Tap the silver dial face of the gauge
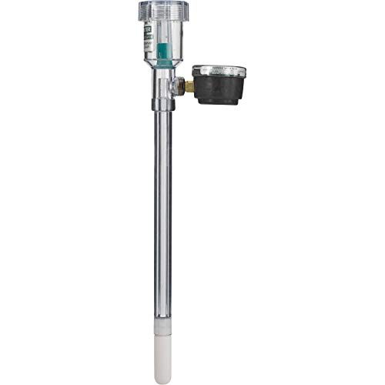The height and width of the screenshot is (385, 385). click(x=219, y=71)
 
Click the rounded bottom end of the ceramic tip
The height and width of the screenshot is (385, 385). click(x=162, y=380)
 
